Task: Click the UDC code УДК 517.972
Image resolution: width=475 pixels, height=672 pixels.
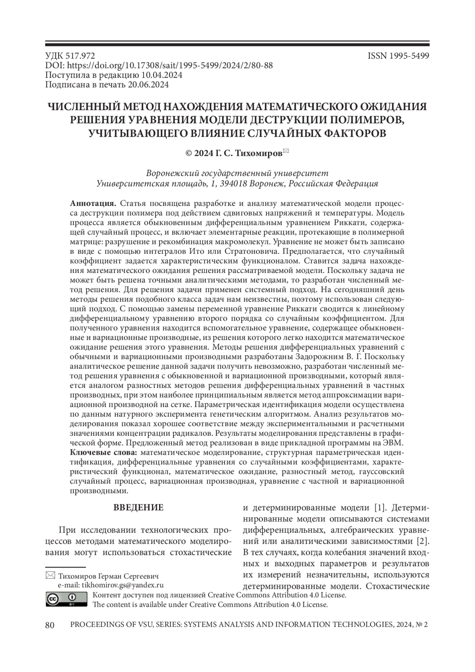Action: click(x=70, y=56)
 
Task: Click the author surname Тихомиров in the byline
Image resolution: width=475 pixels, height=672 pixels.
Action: click(x=259, y=153)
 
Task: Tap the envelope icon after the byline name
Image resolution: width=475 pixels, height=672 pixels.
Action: click(x=286, y=150)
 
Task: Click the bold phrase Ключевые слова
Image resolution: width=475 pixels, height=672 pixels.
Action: click(x=104, y=453)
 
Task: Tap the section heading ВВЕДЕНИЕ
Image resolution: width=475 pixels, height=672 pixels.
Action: click(x=139, y=508)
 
